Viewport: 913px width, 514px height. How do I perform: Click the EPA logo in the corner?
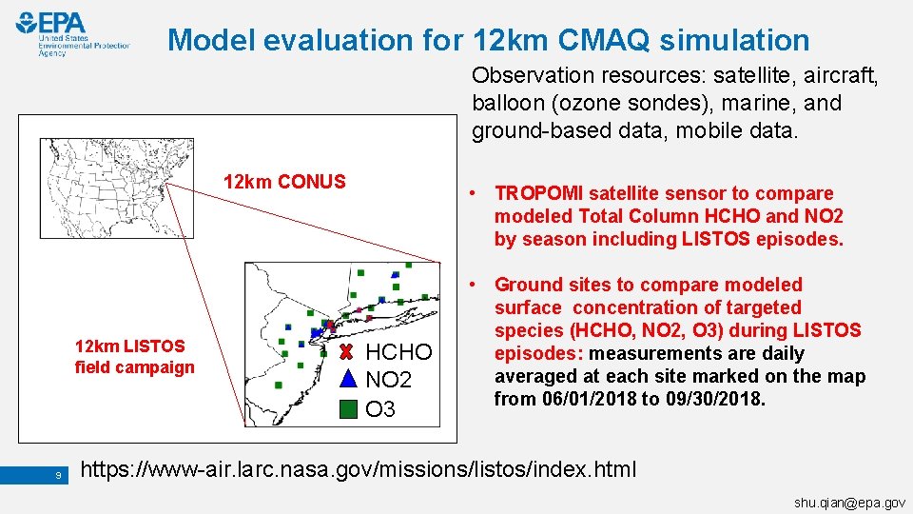pyautogui.click(x=71, y=34)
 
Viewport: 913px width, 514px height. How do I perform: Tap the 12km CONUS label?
pyautogui.click(x=283, y=182)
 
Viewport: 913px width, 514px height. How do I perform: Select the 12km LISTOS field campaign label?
pyautogui.click(x=134, y=356)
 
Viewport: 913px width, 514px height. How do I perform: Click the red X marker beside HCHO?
pyautogui.click(x=347, y=352)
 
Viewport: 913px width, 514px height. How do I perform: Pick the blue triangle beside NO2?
pyautogui.click(x=347, y=380)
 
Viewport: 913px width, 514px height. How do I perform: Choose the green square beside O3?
pyautogui.click(x=348, y=409)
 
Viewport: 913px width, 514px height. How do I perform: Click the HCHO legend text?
pyautogui.click(x=398, y=352)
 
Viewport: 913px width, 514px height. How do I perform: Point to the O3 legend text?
pyautogui.click(x=380, y=409)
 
